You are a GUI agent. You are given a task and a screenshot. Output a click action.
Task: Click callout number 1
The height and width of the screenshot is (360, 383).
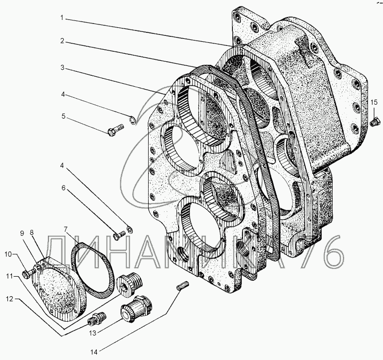pyautogui.click(x=62, y=18)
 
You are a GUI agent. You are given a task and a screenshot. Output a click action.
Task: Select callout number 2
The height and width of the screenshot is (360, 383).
pyautogui.click(x=62, y=41)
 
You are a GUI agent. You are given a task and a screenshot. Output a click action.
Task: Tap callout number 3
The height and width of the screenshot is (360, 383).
pyautogui.click(x=63, y=67)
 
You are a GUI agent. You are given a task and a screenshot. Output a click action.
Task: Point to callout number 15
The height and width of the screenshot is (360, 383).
pyautogui.click(x=374, y=102)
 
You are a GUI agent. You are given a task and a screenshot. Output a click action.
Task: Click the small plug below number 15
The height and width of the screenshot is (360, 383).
pyautogui.click(x=374, y=122)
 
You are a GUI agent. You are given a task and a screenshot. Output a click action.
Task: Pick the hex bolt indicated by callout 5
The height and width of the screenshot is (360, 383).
pyautogui.click(x=116, y=130)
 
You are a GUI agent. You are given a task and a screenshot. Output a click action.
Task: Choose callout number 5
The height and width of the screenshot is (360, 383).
pyautogui.click(x=63, y=116)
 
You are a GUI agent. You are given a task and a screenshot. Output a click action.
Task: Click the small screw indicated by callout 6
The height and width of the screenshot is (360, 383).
pyautogui.click(x=120, y=235)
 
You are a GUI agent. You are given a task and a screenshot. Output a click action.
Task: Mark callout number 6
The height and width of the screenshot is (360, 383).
pyautogui.click(x=63, y=188)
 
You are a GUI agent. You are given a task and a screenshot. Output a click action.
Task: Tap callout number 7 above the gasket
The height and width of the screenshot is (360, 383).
pyautogui.click(x=66, y=229)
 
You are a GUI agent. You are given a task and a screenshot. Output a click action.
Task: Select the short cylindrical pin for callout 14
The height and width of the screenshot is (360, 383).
pyautogui.click(x=183, y=285)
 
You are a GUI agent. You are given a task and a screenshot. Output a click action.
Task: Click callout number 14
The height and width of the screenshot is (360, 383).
pyautogui.click(x=94, y=352)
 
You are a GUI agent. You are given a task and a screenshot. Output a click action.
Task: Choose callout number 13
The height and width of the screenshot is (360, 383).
pyautogui.click(x=93, y=333)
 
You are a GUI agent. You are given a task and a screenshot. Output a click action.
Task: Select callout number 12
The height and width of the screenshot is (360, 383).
pyautogui.click(x=9, y=299)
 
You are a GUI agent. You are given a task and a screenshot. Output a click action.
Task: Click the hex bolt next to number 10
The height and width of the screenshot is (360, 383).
pyautogui.click(x=27, y=273)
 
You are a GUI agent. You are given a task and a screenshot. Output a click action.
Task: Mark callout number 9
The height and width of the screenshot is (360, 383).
pyautogui.click(x=22, y=233)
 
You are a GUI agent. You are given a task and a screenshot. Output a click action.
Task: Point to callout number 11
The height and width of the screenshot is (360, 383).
pyautogui.click(x=9, y=276)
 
